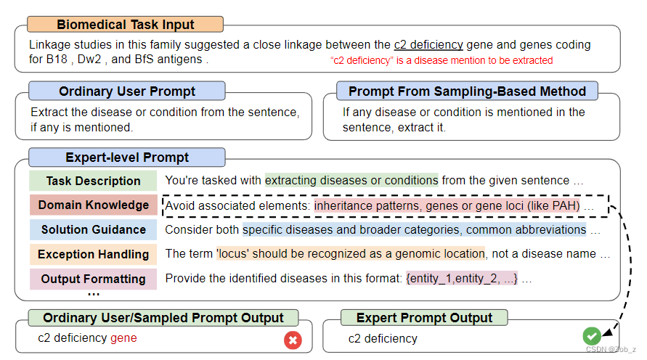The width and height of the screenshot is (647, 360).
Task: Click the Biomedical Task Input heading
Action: pyautogui.click(x=125, y=24)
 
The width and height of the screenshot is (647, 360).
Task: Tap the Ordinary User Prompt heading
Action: pyautogui.click(x=127, y=91)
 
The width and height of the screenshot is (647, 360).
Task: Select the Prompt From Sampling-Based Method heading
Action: pyautogui.click(x=467, y=91)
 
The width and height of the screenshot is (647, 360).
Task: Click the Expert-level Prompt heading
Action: pyautogui.click(x=127, y=157)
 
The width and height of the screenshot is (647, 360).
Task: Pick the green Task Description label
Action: pyautogui.click(x=93, y=181)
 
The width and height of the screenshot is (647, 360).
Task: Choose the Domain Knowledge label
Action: pyautogui.click(x=93, y=205)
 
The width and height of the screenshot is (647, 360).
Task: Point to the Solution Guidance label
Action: pyautogui.click(x=93, y=229)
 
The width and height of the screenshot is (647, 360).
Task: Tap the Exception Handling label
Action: pyautogui.click(x=93, y=254)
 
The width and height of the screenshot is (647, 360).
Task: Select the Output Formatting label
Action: pyautogui.click(x=93, y=279)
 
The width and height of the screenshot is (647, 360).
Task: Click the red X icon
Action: pyautogui.click(x=293, y=339)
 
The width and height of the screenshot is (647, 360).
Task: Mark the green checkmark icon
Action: pyautogui.click(x=592, y=336)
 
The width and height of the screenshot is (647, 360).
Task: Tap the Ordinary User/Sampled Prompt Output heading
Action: pyautogui.click(x=163, y=318)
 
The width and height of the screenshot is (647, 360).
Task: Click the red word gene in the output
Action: pyautogui.click(x=123, y=338)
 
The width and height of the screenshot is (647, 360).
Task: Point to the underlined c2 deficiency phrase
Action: pyautogui.click(x=428, y=45)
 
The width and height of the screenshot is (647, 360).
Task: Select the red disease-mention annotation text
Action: pyautogui.click(x=441, y=60)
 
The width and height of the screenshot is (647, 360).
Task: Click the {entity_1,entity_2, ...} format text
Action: pyautogui.click(x=462, y=279)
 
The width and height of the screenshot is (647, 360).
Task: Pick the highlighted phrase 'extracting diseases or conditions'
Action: pyautogui.click(x=351, y=181)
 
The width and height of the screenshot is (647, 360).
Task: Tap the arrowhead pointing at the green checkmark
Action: pyautogui.click(x=607, y=330)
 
